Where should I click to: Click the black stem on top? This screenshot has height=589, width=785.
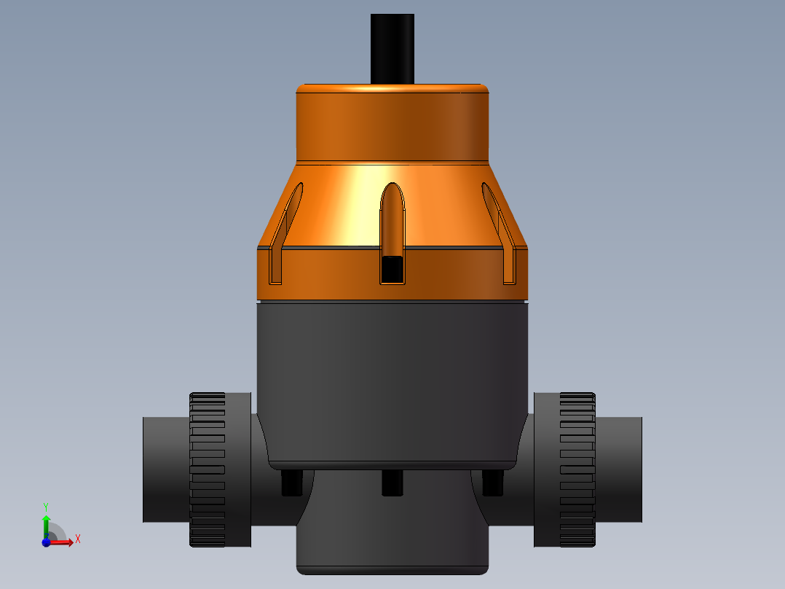point(392,48)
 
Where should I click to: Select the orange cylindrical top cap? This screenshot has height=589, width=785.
point(392,122)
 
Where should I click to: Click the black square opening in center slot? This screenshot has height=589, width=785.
point(392,270)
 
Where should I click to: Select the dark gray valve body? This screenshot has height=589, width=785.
point(392,379)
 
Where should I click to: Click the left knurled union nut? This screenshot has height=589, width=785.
point(208,469)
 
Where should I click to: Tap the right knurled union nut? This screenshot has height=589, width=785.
point(577,469)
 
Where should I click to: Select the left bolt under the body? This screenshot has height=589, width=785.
point(291,482)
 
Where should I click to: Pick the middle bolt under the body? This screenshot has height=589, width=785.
point(392,482)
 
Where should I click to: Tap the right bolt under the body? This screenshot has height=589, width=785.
point(493,482)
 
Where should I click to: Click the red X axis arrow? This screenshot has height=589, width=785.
point(64,542)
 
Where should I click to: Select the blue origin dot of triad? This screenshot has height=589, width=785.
point(46,542)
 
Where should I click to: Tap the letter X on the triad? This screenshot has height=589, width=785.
point(77,539)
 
